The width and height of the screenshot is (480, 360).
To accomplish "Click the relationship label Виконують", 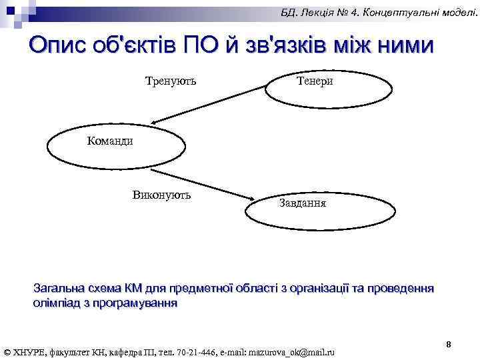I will (x=162, y=195).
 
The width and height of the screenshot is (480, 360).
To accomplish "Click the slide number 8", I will (x=449, y=344).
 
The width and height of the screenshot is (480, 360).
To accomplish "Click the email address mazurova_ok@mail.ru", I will (x=291, y=351).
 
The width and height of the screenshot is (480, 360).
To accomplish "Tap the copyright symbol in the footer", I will (x=7, y=351).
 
